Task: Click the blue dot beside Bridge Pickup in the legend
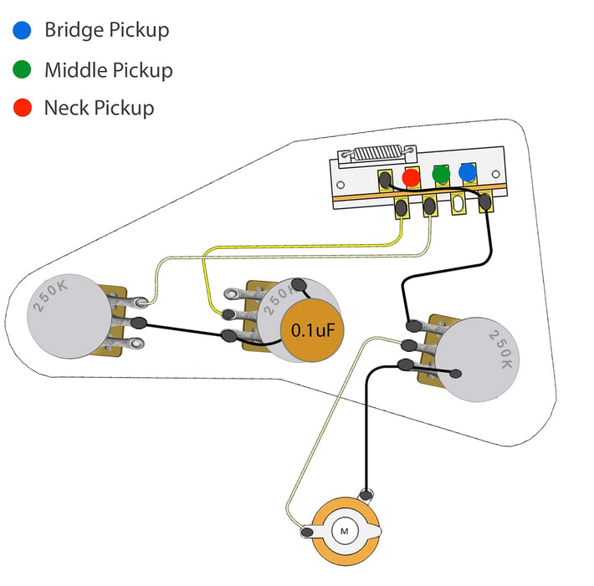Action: point(23,31)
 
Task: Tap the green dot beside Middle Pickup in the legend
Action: point(23,69)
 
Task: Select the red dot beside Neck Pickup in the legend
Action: point(23,108)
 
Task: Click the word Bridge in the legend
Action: point(74,31)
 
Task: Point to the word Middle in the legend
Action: point(74,69)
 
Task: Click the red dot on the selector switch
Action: point(412,177)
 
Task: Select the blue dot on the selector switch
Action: point(468,174)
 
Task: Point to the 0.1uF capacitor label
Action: point(313,330)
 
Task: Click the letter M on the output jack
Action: point(344,530)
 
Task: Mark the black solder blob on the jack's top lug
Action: point(365,493)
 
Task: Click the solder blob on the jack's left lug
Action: point(307,531)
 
